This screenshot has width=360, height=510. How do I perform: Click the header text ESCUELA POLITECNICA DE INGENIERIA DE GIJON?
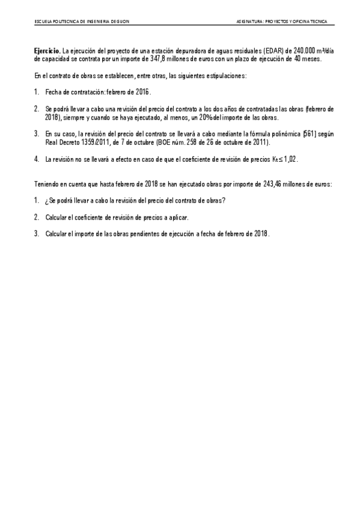pos(81,21)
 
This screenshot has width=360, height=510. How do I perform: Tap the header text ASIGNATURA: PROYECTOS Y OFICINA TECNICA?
pos(282,21)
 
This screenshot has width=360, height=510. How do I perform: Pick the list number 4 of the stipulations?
pos(36,159)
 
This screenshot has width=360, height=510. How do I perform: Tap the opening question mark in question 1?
pos(47,200)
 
